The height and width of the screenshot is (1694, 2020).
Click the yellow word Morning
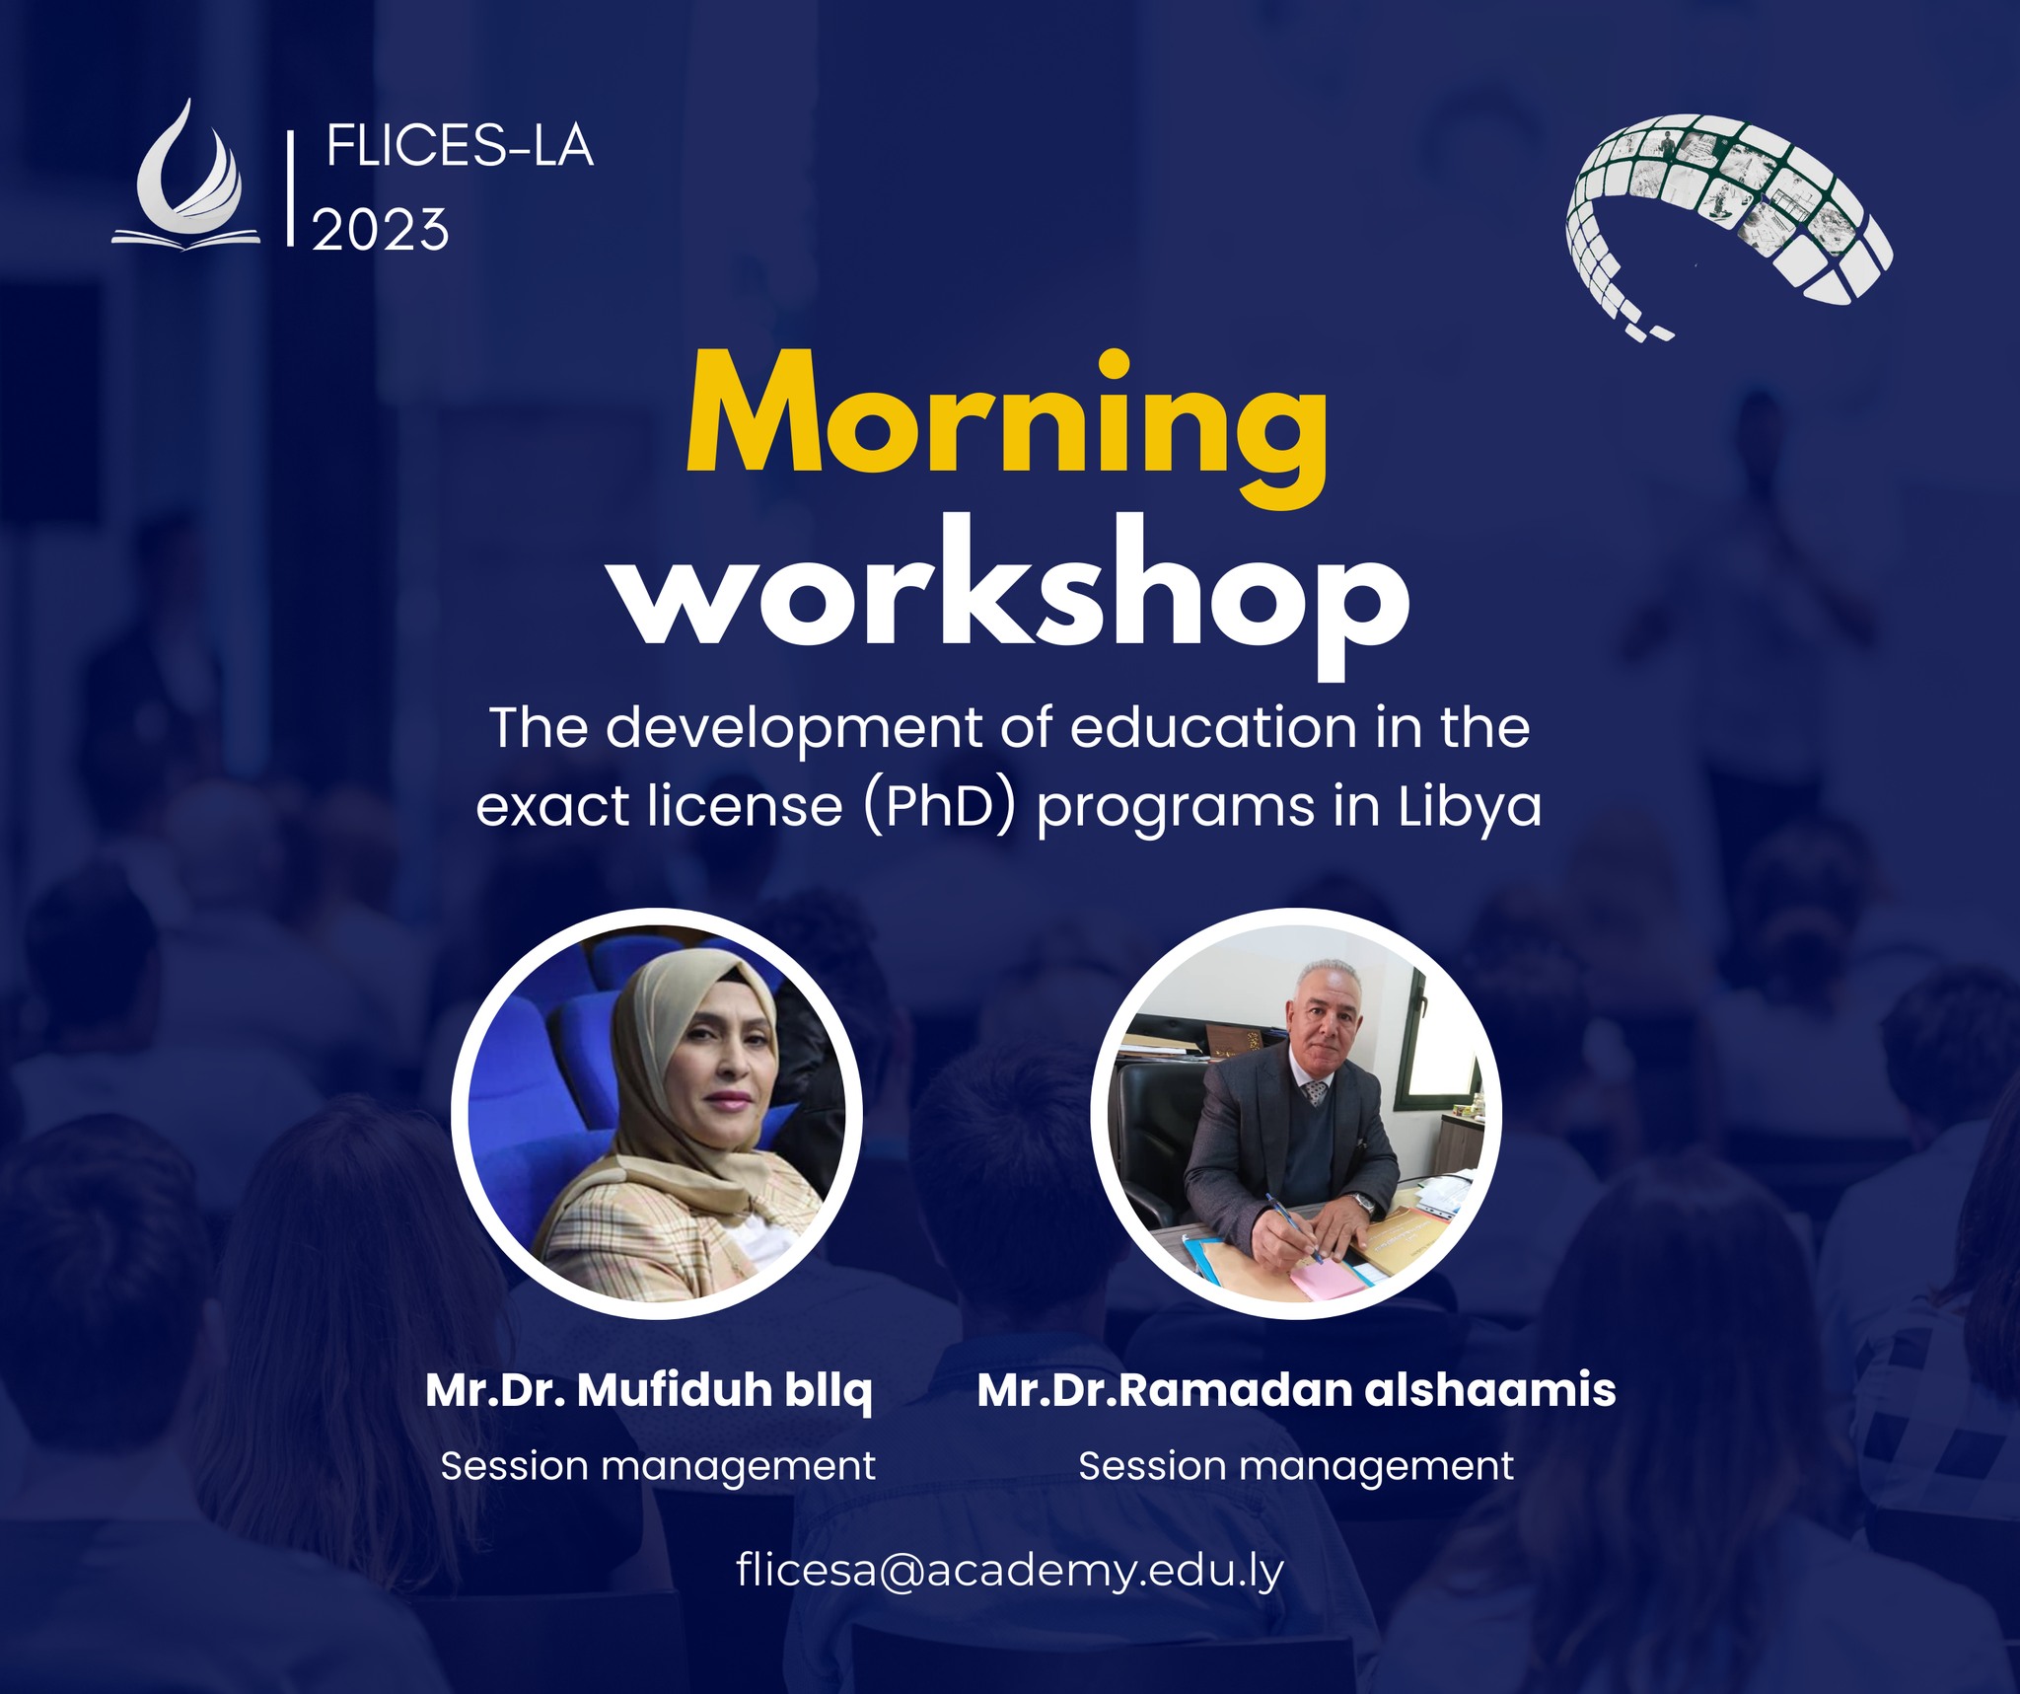1007,430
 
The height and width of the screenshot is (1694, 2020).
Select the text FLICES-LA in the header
460,148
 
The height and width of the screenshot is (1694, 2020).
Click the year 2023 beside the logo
381,230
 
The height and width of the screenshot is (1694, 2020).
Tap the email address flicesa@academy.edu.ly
1010,1570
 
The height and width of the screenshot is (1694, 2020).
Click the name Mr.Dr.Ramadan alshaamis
1296,1390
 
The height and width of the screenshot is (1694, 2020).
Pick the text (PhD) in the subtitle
940,807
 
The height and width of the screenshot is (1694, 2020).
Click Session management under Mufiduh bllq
658,1466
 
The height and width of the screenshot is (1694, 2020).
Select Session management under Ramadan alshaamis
1296,1466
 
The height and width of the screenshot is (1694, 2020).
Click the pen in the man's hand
1294,1228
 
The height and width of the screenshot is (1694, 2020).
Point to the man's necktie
1315,1092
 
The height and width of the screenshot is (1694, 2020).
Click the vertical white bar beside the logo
290,187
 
